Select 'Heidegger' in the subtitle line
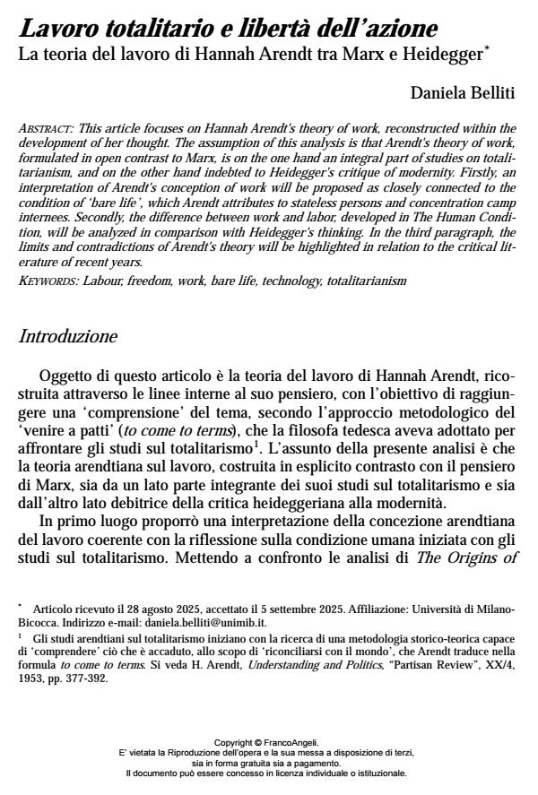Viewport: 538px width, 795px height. tap(445, 53)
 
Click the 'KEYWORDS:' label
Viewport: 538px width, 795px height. tap(48, 281)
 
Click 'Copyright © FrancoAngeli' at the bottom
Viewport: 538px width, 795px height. tap(269, 742)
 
